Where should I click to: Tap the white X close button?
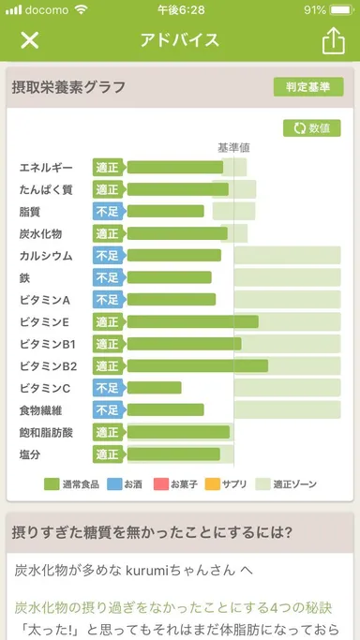click(30, 40)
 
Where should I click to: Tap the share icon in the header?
click(333, 40)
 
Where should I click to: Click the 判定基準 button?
click(308, 87)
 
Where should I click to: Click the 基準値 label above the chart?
click(233, 147)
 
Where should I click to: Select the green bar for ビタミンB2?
click(197, 365)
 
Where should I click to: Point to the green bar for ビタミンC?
click(154, 388)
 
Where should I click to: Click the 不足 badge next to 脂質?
click(108, 212)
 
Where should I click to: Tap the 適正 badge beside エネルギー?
click(108, 168)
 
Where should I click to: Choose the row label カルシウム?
click(46, 256)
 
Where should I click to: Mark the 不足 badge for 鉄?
click(108, 277)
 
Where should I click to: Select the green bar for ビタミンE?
click(192, 321)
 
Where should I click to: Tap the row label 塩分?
click(30, 454)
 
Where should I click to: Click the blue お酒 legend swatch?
click(114, 484)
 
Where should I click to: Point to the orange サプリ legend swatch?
click(211, 484)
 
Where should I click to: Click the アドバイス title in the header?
click(179, 40)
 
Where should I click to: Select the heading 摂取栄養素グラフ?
click(68, 88)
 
